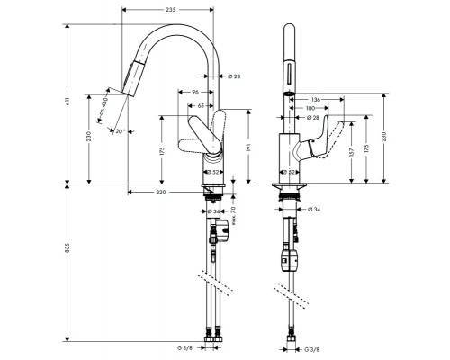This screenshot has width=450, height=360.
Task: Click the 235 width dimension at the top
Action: (x=170, y=9)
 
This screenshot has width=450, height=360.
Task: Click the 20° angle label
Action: (x=119, y=132)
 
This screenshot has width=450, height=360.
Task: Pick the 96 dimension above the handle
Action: (x=194, y=92)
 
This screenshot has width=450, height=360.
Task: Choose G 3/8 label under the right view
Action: (x=311, y=347)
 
